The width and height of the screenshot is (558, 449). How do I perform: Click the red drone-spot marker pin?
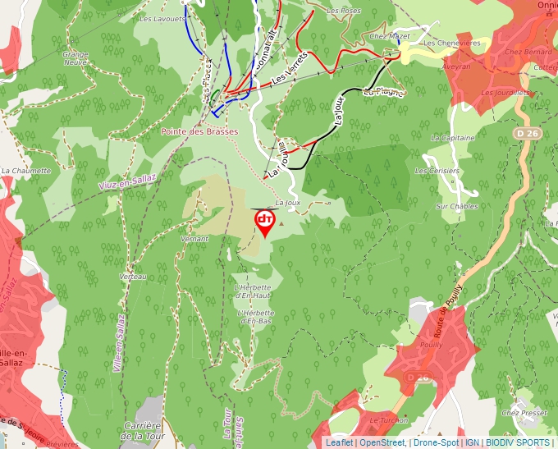click(x=265, y=222)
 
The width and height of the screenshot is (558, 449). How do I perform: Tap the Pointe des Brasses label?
click(x=199, y=131)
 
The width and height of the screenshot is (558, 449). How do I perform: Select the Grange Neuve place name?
click(x=75, y=58)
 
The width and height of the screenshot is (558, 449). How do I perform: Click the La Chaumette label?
click(x=26, y=171)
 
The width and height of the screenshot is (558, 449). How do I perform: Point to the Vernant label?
click(x=194, y=238)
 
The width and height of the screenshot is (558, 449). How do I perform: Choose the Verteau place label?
click(x=133, y=277)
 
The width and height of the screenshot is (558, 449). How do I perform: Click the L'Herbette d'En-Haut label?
click(x=254, y=291)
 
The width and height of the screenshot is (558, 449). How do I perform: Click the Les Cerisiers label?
click(x=437, y=171)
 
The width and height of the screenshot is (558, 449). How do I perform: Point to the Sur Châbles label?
click(x=456, y=206)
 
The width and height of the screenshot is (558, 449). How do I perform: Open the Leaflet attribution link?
click(x=339, y=442)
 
